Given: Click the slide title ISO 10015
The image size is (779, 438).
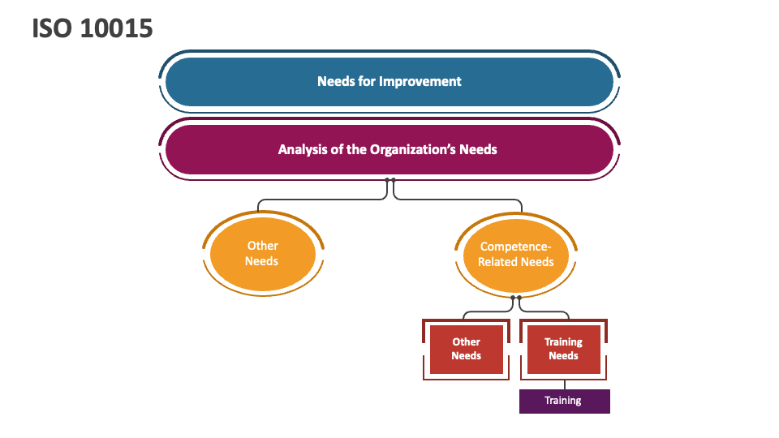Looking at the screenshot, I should pyautogui.click(x=93, y=28).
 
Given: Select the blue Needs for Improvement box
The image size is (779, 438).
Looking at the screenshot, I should pyautogui.click(x=389, y=81).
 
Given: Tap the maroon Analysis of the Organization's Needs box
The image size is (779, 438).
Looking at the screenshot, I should pyautogui.click(x=388, y=149).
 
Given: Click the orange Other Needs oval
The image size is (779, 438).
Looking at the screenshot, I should pyautogui.click(x=261, y=253).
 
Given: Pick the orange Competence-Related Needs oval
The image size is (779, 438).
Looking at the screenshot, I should pyautogui.click(x=515, y=254).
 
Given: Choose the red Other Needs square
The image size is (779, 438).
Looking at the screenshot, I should pyautogui.click(x=466, y=349).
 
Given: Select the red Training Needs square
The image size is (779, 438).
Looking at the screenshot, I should pyautogui.click(x=563, y=349).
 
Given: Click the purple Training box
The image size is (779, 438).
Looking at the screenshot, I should pyautogui.click(x=563, y=401).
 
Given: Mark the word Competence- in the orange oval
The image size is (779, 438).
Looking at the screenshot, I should pyautogui.click(x=515, y=247).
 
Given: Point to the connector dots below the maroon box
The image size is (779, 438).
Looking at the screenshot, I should pyautogui.click(x=390, y=180).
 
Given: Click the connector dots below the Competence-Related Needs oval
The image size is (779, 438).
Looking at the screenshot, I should pyautogui.click(x=516, y=298).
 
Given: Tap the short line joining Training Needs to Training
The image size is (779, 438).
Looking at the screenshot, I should pyautogui.click(x=563, y=384).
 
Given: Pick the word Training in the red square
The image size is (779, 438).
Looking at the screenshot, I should pyautogui.click(x=563, y=342).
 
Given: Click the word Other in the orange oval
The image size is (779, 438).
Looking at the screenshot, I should pyautogui.click(x=262, y=246).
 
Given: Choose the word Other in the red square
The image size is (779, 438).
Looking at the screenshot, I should pyautogui.click(x=467, y=342).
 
